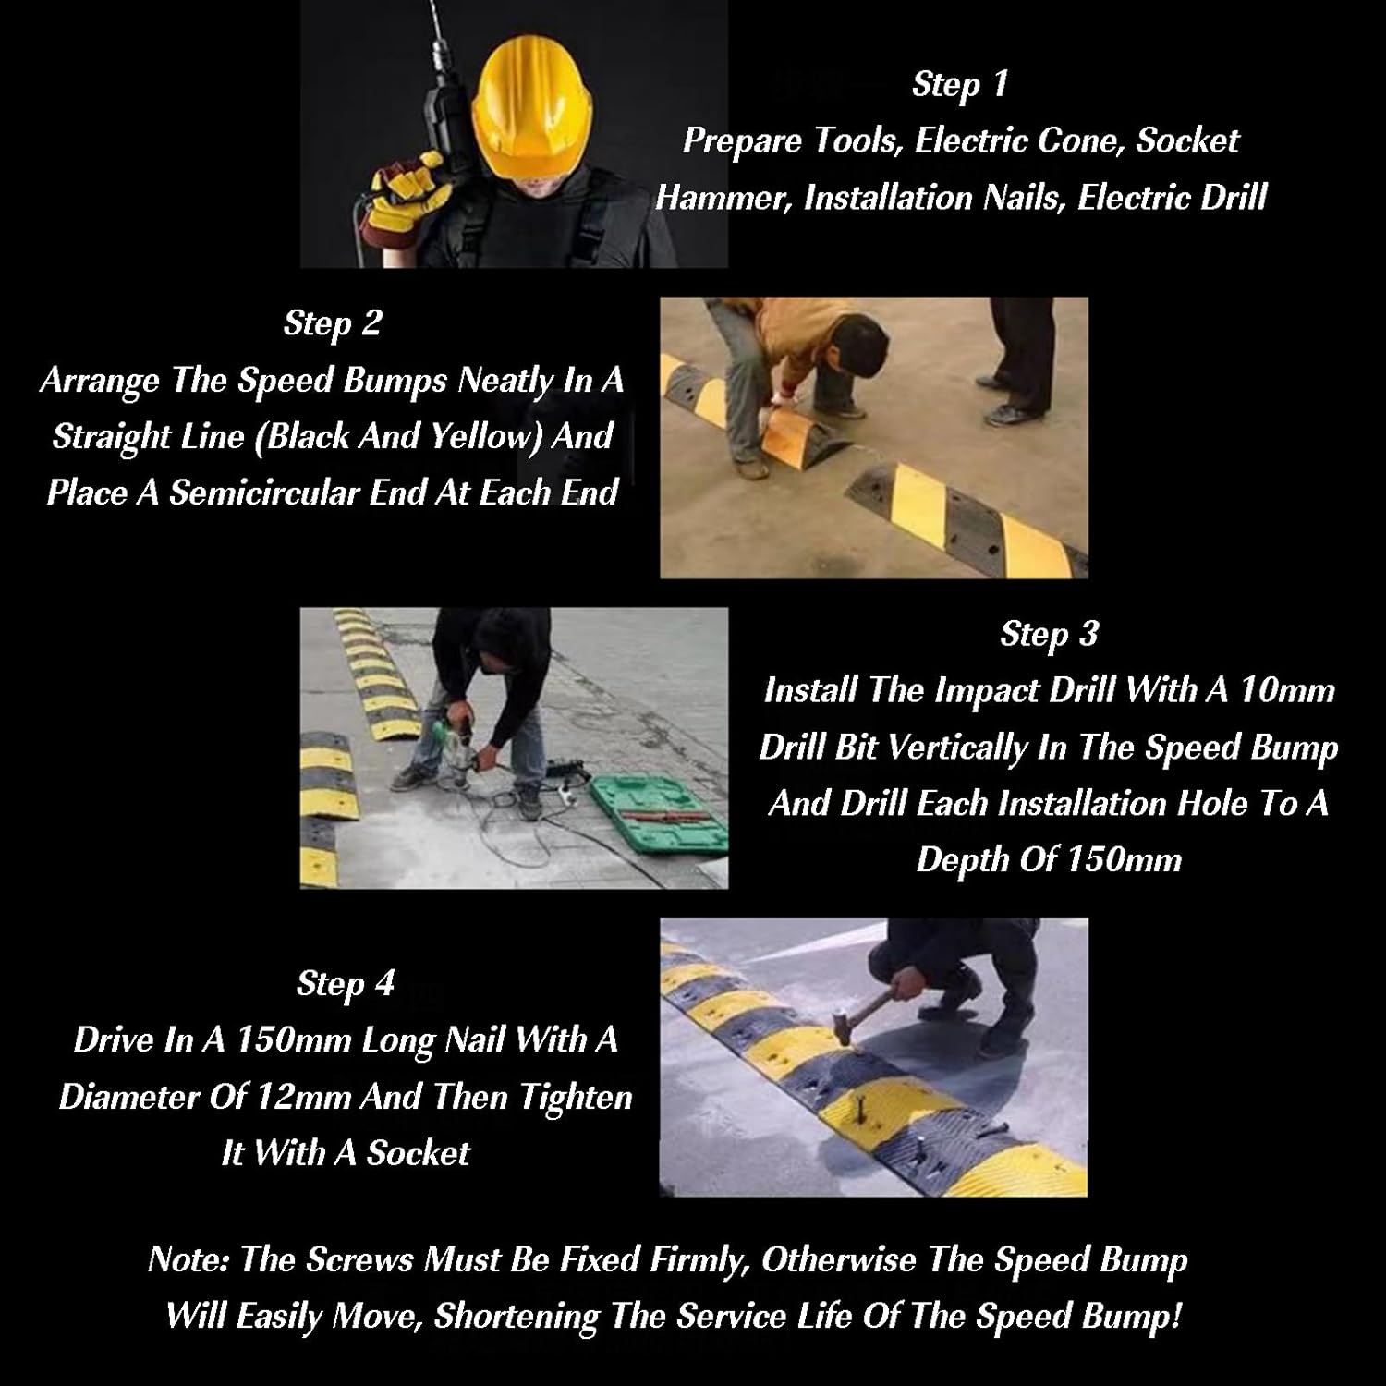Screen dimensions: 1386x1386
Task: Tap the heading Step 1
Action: (959, 84)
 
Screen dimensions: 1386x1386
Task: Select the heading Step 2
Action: (332, 323)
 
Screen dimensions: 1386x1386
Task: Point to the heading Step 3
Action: (1049, 634)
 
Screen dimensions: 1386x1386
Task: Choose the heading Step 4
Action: (345, 983)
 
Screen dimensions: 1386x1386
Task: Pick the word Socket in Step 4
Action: (418, 1153)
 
